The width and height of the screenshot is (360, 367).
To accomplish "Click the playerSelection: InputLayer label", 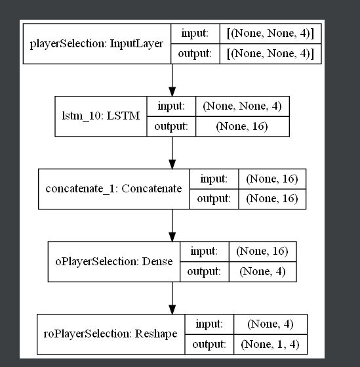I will tap(97, 44).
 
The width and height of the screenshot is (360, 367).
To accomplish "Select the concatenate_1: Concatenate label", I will tap(113, 188).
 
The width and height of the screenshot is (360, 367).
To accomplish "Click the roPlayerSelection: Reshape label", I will tap(115, 334).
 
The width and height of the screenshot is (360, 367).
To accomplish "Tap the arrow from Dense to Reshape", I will tap(171, 297).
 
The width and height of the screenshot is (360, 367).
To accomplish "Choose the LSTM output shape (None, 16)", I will tap(242, 127).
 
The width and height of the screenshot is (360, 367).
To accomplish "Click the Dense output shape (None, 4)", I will tap(262, 270).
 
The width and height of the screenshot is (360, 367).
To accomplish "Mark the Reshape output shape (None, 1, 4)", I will tap(266, 343).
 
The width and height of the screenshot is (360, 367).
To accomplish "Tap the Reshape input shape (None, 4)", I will tap(266, 324).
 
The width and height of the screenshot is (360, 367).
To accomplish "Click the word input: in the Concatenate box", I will tap(213, 179).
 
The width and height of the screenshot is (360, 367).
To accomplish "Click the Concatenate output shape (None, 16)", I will tap(268, 198).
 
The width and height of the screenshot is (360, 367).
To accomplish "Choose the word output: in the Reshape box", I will tap(210, 343).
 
